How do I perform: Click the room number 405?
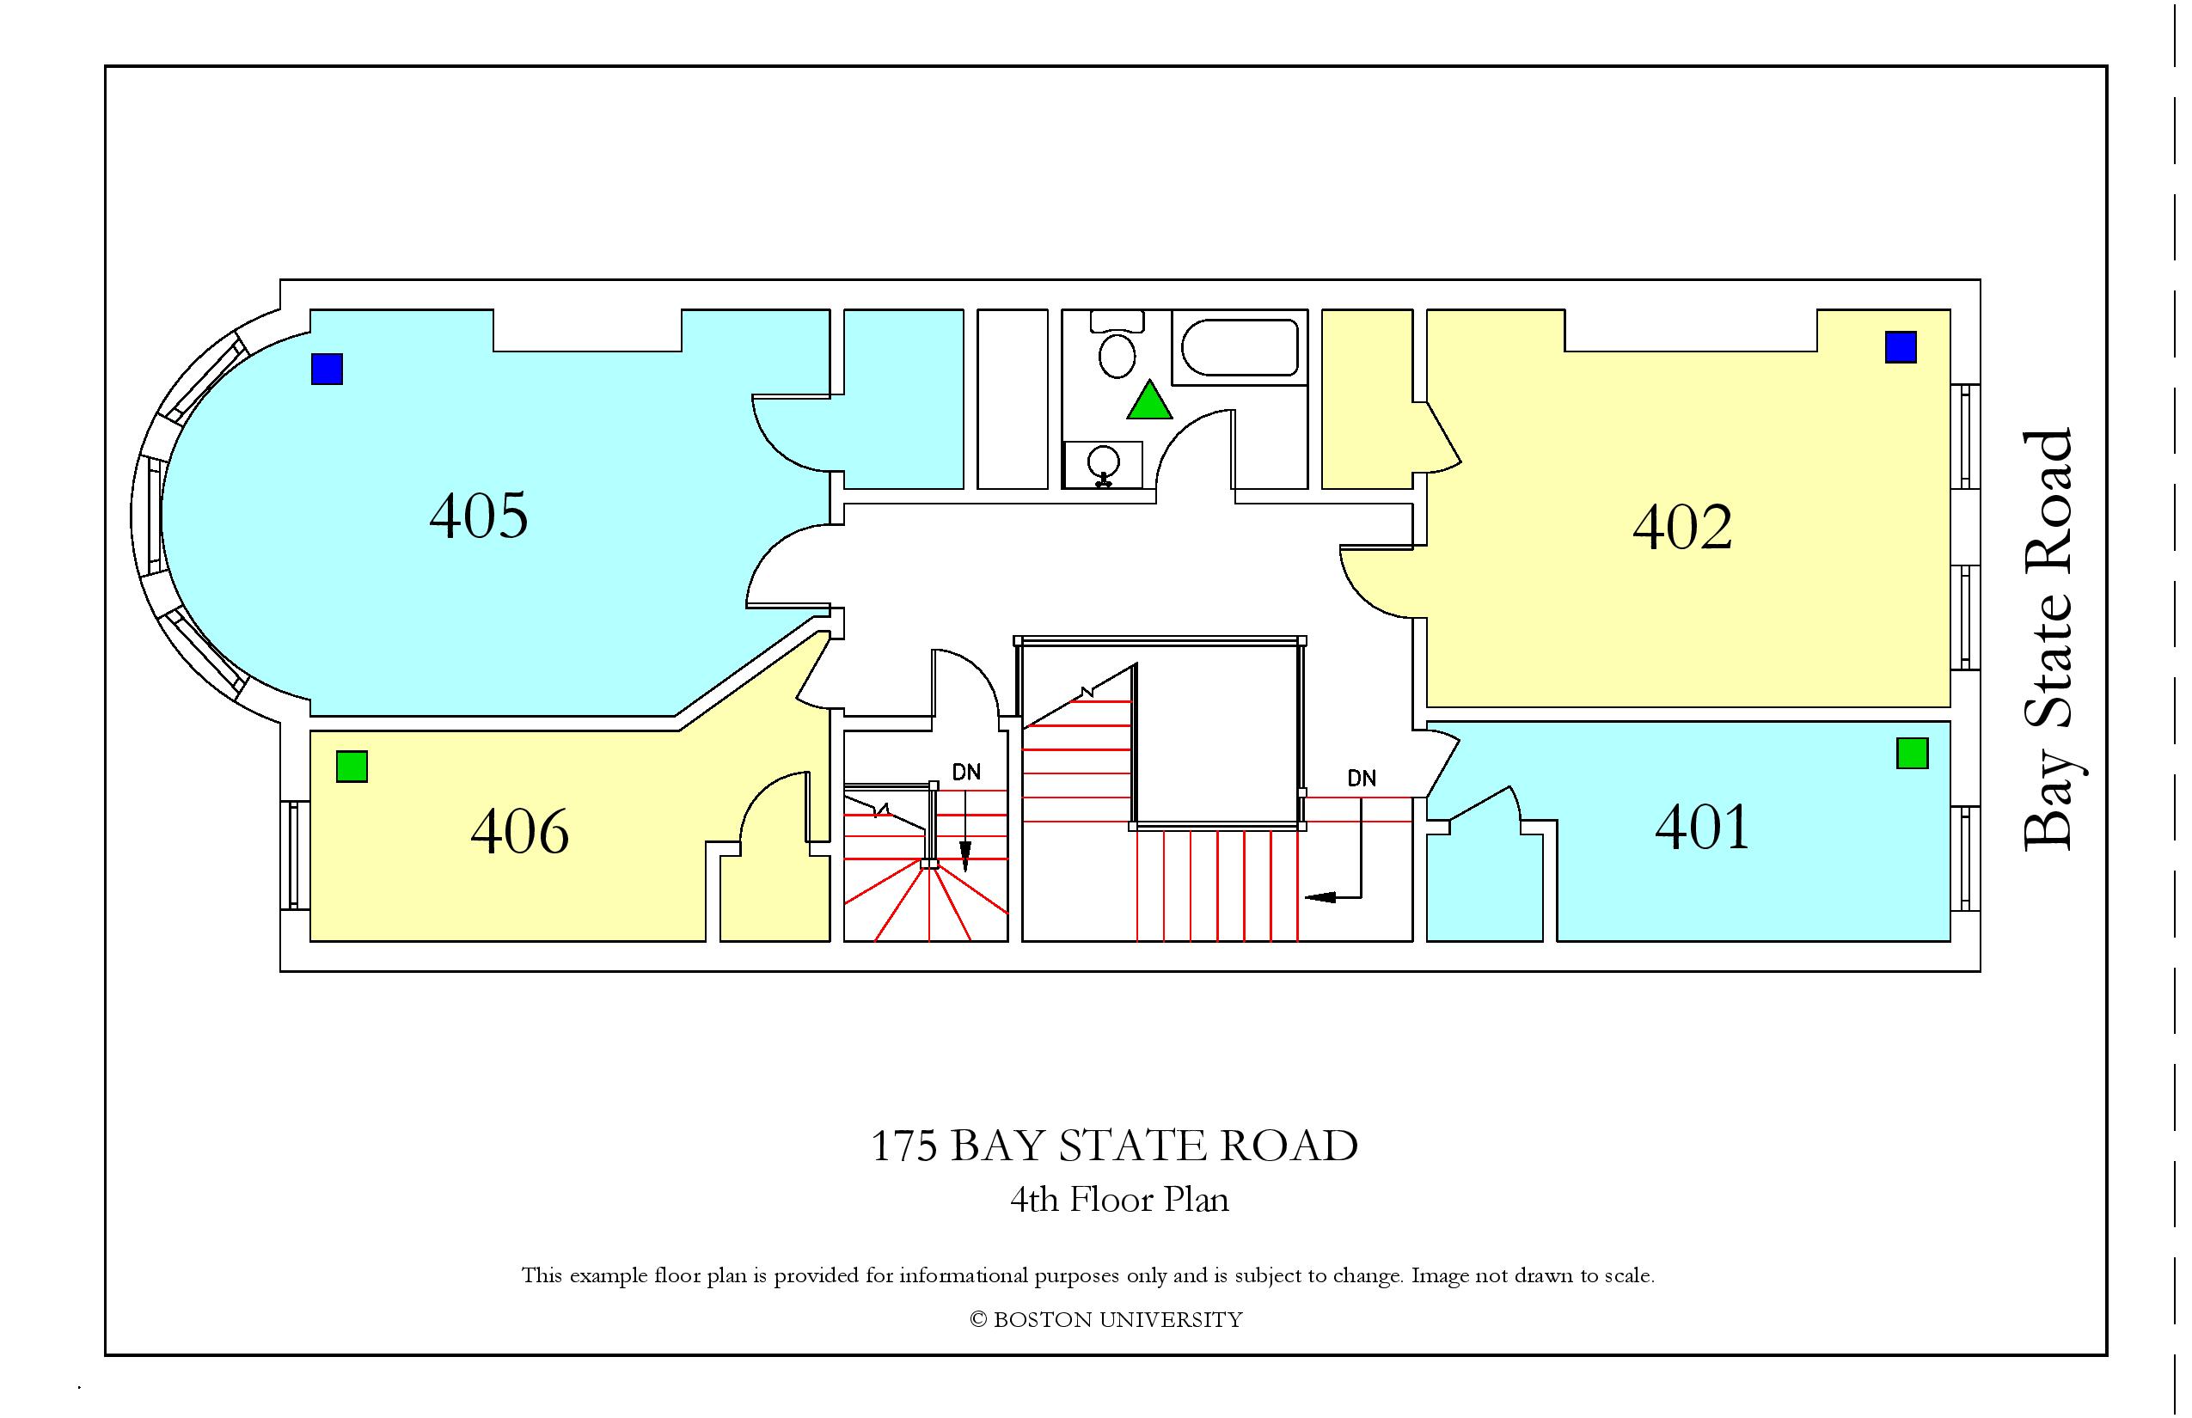click(x=479, y=516)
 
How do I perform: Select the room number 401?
click(x=1702, y=827)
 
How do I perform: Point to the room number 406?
click(x=519, y=832)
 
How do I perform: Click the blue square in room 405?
click(x=327, y=370)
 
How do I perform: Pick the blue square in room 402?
click(x=1901, y=347)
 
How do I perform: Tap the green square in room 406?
click(x=352, y=767)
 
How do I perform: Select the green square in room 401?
click(x=1913, y=753)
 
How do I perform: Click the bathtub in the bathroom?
click(x=1240, y=347)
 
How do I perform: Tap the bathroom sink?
click(x=1104, y=465)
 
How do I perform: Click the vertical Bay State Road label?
click(x=2048, y=640)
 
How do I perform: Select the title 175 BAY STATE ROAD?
click(x=1114, y=1146)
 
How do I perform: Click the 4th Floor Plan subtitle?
click(x=1119, y=1200)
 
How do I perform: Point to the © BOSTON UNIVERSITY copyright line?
click(x=1106, y=1319)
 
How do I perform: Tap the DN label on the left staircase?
click(x=966, y=773)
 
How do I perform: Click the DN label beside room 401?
click(x=1362, y=778)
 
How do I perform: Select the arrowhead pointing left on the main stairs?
click(x=1319, y=895)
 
